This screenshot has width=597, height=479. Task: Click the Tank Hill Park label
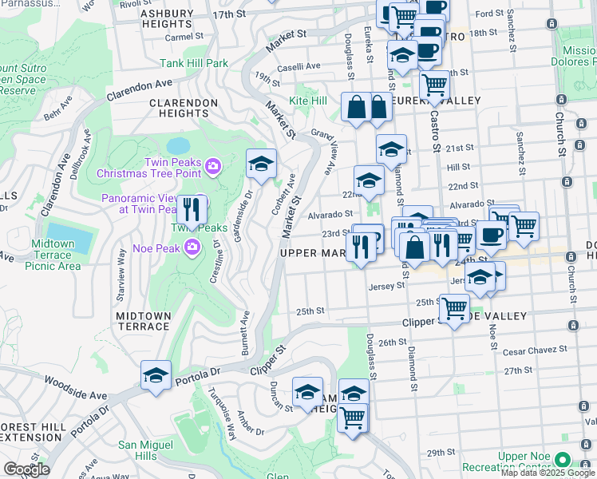click(x=194, y=63)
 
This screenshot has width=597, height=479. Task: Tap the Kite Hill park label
click(x=308, y=101)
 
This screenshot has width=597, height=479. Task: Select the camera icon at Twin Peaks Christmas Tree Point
click(x=213, y=166)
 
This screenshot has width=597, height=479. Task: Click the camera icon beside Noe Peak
click(x=192, y=247)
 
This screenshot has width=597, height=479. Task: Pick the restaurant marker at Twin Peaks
click(x=192, y=210)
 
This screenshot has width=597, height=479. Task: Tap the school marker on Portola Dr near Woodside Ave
click(x=156, y=374)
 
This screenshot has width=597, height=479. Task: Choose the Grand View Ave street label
click(x=323, y=152)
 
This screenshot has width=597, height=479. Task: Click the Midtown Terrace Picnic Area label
click(x=55, y=255)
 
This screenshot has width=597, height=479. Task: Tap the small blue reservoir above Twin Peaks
click(x=178, y=146)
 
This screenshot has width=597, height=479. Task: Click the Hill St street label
click(x=458, y=167)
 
